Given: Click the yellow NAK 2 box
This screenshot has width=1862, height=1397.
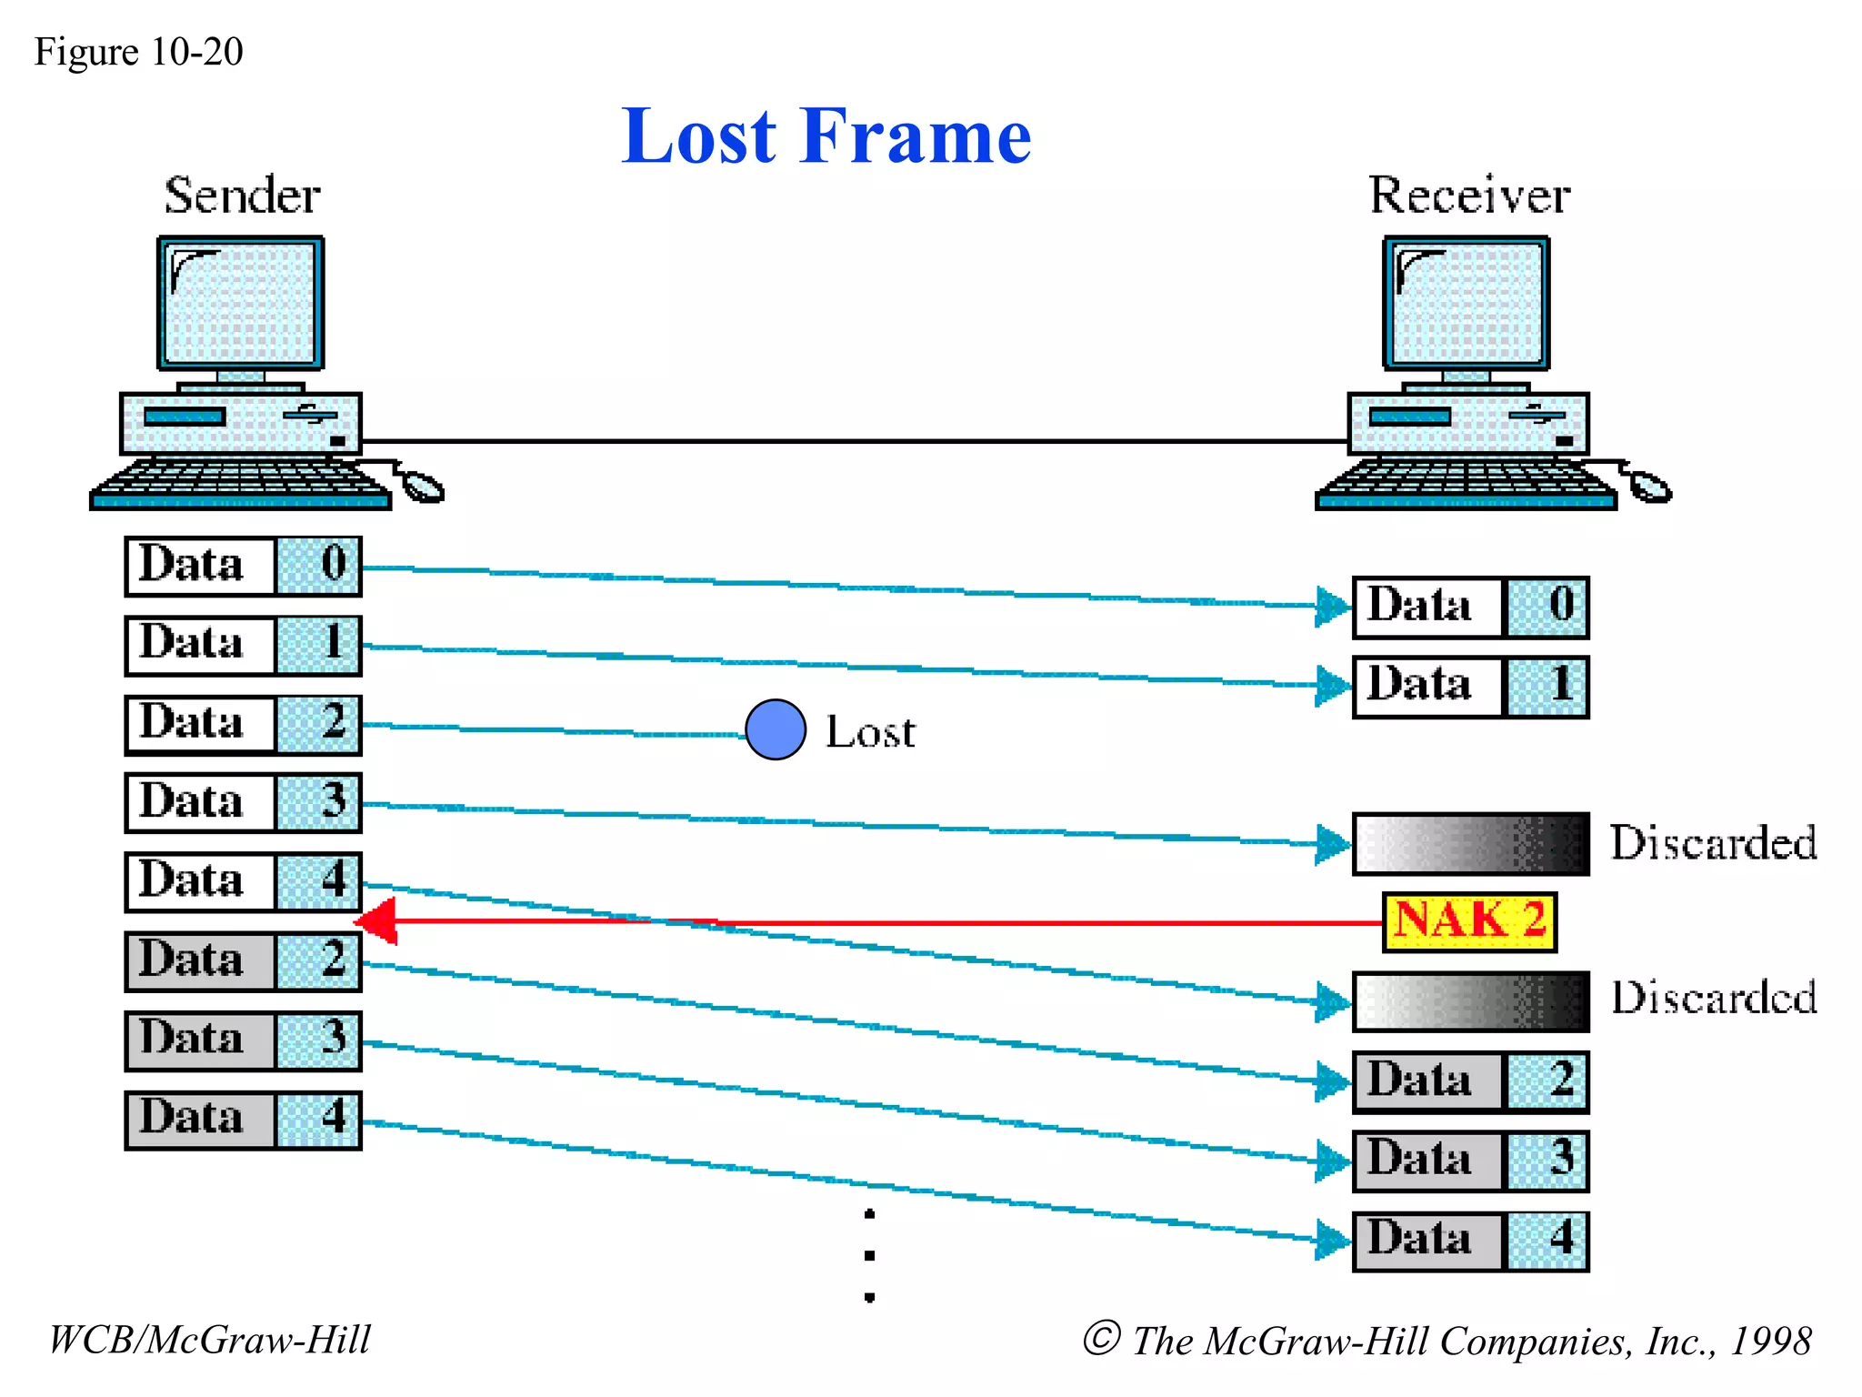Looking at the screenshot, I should (1469, 921).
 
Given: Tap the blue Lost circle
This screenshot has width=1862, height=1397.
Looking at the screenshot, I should (776, 729).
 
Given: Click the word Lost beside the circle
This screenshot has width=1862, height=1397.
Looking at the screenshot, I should (870, 732).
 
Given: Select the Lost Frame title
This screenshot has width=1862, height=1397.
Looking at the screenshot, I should (826, 136).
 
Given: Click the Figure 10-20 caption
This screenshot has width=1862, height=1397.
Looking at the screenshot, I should (138, 52).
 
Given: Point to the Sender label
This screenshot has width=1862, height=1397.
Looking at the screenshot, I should (242, 196).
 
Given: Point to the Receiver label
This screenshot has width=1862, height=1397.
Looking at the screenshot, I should (1469, 196).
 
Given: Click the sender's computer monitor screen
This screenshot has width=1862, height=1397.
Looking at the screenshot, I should (241, 303).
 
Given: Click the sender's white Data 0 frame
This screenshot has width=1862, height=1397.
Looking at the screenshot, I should (243, 566).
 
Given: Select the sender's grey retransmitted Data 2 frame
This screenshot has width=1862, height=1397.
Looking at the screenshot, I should (243, 961).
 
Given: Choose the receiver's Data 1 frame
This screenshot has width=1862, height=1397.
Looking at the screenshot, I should (1470, 686).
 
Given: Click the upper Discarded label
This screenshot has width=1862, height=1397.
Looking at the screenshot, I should (1713, 843).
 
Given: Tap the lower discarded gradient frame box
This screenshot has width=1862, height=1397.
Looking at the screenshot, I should (1470, 1001).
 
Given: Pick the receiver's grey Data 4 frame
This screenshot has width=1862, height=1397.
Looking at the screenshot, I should (1470, 1240).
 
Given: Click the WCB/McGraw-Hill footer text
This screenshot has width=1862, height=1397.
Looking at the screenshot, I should (209, 1340).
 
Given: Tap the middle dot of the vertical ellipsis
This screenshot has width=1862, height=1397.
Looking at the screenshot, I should (870, 1255).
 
